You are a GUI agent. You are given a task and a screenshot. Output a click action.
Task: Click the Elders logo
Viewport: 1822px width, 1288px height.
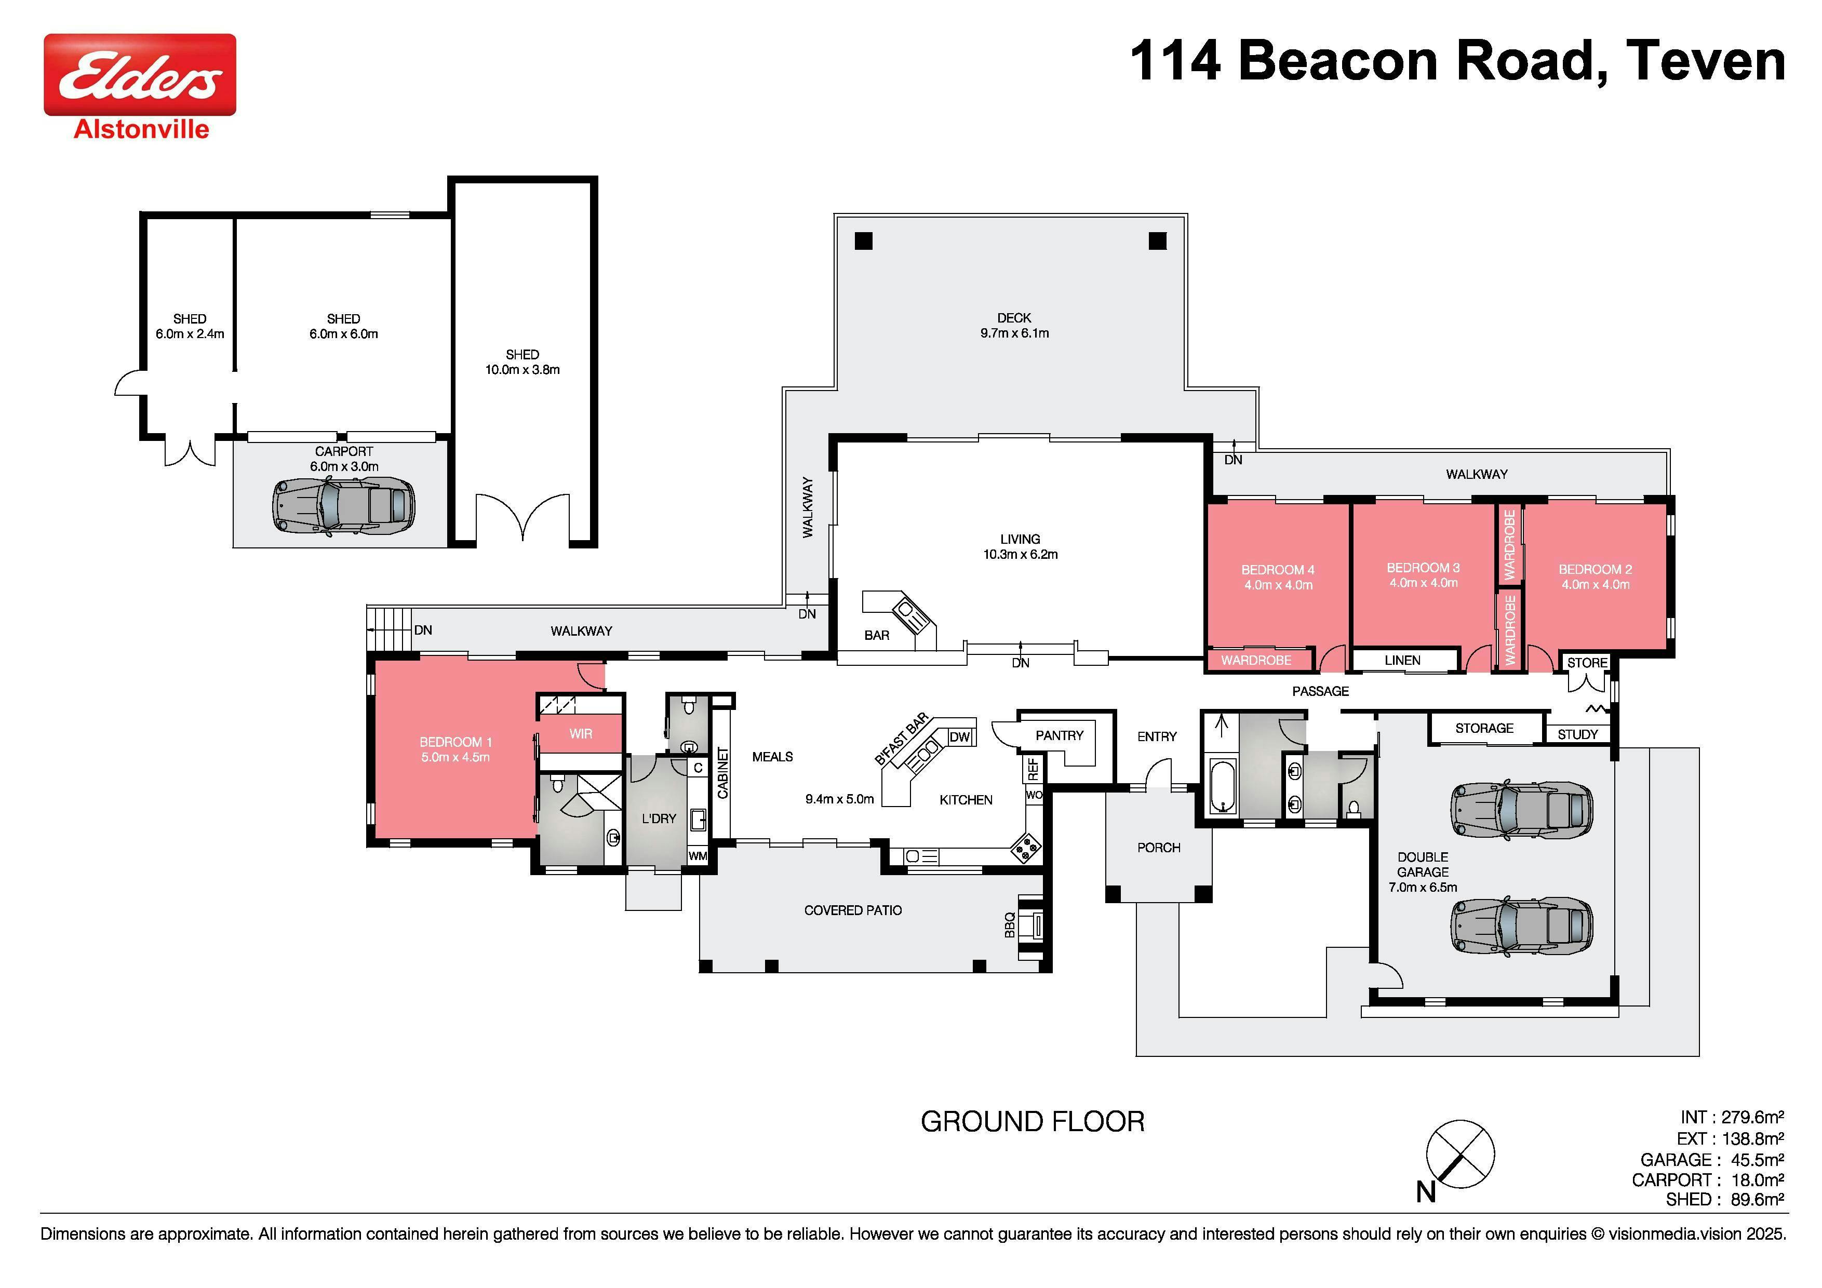[x=140, y=75]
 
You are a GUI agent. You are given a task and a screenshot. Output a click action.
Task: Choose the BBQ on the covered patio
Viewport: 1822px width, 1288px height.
[x=1031, y=925]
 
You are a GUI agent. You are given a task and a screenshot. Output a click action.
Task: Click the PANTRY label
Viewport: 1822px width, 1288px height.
[x=1060, y=735]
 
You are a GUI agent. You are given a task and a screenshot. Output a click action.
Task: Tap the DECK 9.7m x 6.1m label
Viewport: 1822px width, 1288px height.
[x=1014, y=325]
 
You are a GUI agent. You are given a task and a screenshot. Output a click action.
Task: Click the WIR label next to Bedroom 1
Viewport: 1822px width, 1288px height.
[x=581, y=734]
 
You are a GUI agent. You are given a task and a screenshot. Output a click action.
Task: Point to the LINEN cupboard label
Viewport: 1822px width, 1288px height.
[x=1402, y=660]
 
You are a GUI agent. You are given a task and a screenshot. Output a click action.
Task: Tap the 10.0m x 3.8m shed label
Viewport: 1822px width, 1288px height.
[x=522, y=362]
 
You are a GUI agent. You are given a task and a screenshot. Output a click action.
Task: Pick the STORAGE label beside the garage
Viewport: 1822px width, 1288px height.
[x=1484, y=728]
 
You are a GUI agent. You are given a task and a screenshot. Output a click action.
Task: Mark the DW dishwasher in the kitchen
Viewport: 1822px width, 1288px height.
[x=960, y=736]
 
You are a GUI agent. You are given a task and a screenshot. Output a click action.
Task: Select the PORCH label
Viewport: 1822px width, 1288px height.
[x=1159, y=848]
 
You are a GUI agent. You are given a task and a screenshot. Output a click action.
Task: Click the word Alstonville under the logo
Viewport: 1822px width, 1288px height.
[x=141, y=129]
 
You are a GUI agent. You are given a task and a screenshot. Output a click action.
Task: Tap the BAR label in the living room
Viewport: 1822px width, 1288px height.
[x=877, y=635]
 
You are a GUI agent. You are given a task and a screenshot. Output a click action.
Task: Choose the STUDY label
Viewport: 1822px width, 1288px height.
[x=1577, y=734]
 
